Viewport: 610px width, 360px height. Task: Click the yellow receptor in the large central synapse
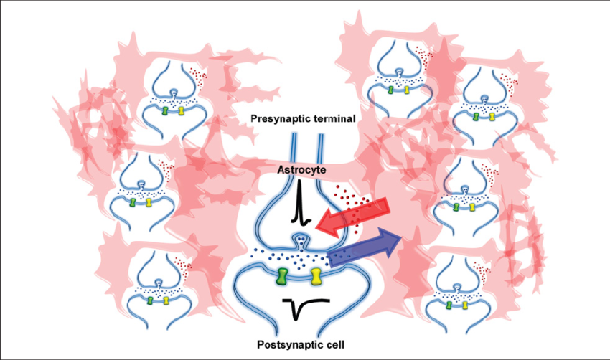[317, 275]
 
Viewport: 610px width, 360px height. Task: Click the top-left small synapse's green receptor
[164, 111]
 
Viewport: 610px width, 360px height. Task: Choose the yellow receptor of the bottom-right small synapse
[466, 305]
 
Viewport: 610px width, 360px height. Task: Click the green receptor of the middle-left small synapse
[133, 203]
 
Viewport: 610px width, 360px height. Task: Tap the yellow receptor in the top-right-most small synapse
[493, 116]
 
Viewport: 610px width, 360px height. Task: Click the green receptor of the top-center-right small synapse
[390, 90]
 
